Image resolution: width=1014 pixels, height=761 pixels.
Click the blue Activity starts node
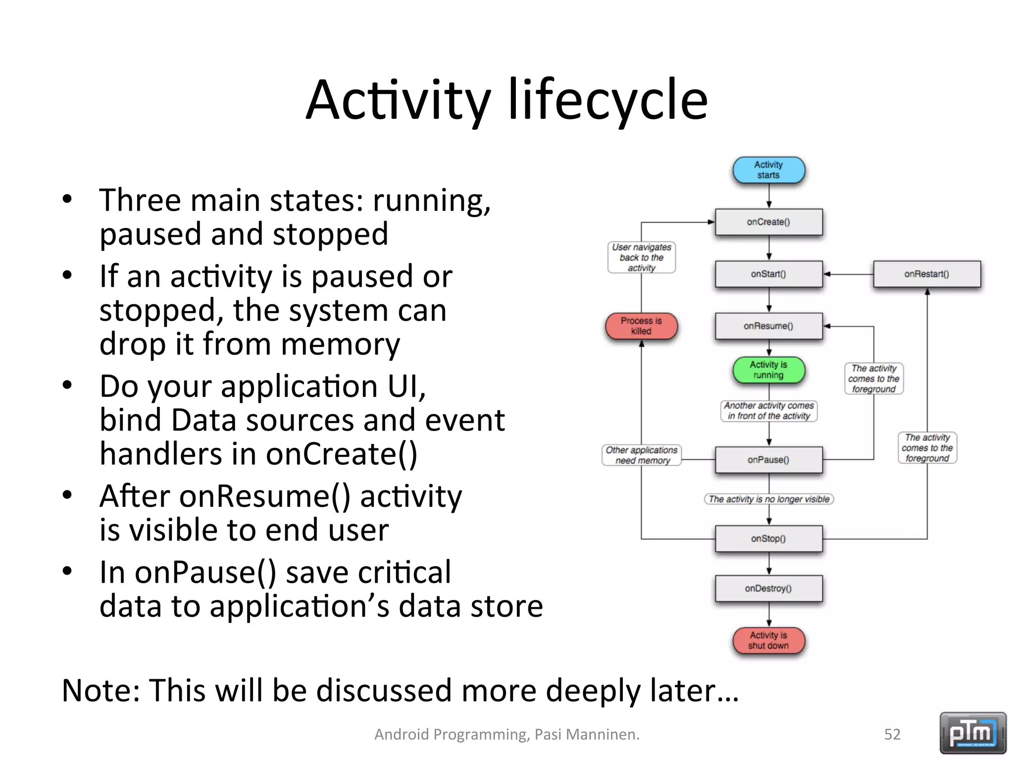[768, 170]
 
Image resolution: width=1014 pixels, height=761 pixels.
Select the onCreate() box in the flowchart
[768, 222]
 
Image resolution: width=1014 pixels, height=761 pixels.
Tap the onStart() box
[768, 274]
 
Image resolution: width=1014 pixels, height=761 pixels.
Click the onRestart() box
[926, 274]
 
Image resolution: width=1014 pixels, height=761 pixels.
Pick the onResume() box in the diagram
[768, 326]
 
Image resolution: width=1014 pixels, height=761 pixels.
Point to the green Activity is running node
[768, 370]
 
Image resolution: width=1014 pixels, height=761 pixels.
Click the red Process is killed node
[641, 326]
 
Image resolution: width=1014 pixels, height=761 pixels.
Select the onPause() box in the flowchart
[768, 460]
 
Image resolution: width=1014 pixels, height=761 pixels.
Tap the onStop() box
[768, 539]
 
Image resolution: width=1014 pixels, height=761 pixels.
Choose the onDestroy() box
[768, 589]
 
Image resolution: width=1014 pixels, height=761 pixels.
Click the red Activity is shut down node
[768, 641]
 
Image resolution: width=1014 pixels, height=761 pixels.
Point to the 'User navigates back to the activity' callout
[641, 257]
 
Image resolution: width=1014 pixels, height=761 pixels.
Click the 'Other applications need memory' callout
[642, 455]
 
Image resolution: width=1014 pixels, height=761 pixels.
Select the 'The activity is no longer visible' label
[768, 499]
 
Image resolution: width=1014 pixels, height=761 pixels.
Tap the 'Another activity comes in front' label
[768, 411]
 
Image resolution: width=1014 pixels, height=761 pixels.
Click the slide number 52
[892, 734]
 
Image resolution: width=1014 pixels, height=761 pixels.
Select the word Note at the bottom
[101, 690]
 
